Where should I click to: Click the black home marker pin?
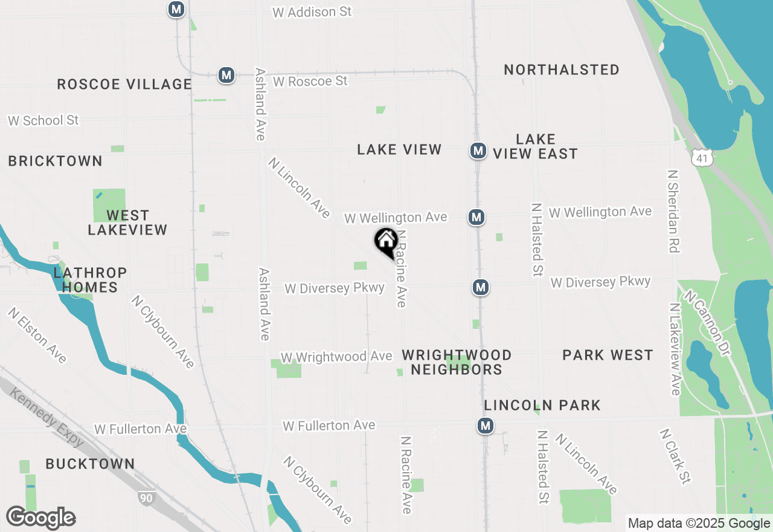coord(386,242)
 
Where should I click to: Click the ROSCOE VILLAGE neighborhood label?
coord(124,84)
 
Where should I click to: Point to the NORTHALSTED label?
coord(562,70)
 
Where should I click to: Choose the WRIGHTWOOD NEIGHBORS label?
coord(457,362)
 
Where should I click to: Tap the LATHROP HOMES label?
coord(90,280)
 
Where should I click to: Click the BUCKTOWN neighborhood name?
coord(90,464)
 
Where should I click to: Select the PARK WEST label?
coord(608,355)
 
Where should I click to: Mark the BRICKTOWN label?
coord(55,161)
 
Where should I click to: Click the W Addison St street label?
coord(312,12)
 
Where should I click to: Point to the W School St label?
coord(43,120)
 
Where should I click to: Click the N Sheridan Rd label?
coord(673,210)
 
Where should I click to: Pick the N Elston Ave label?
coord(37,336)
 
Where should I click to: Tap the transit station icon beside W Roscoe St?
coord(226,75)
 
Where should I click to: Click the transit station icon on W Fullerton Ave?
coord(486,426)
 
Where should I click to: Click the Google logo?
coord(40,518)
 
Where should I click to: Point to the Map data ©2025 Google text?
coord(699,524)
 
